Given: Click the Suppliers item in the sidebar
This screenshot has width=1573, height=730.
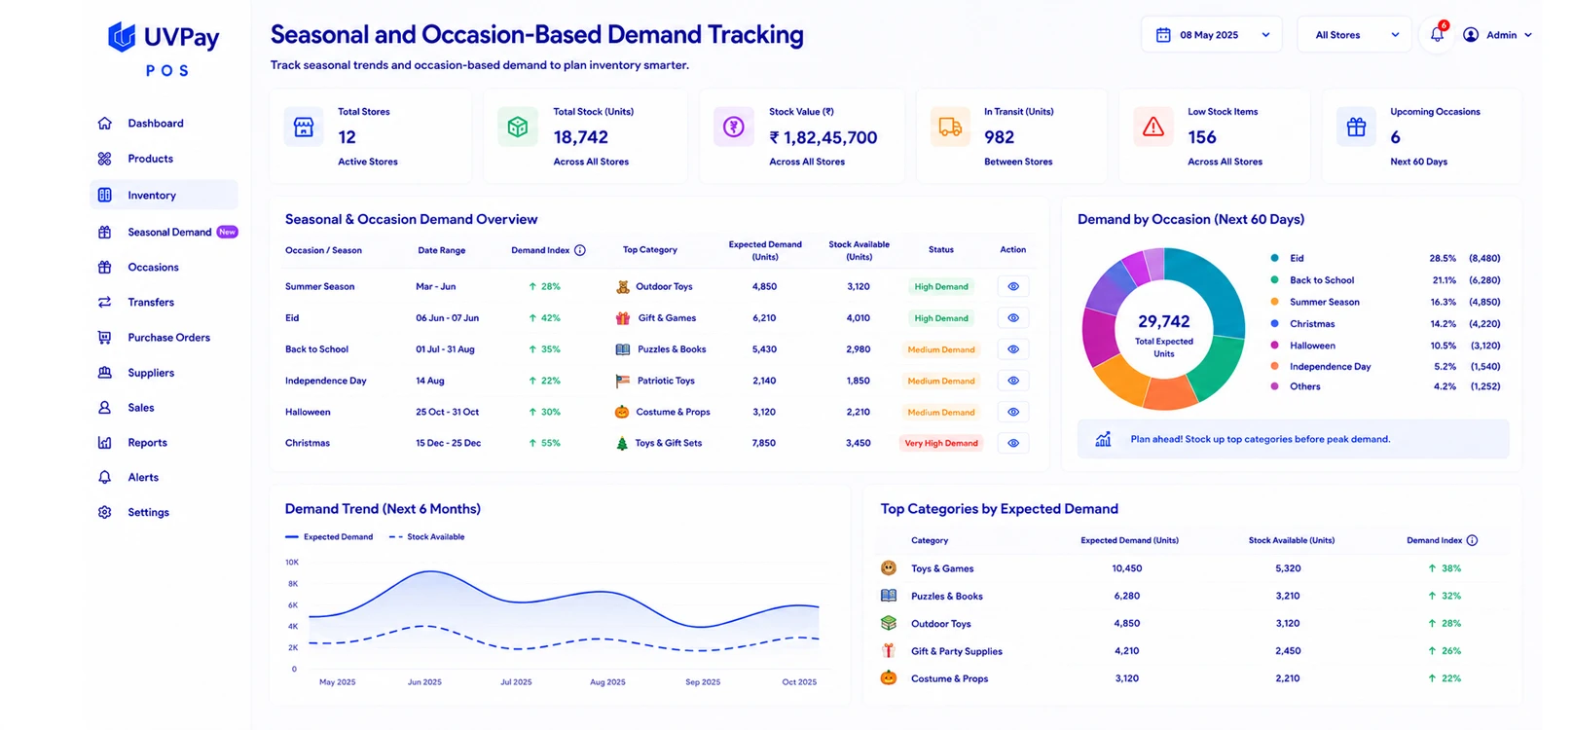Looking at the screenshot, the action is point(150,372).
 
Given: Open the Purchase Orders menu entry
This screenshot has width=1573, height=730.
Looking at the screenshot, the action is point(168,337).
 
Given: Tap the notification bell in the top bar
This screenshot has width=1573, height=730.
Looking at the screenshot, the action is point(1437,34).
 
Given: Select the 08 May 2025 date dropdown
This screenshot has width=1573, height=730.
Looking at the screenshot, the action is point(1211,34).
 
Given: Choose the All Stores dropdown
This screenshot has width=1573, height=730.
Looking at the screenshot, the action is point(1353,34).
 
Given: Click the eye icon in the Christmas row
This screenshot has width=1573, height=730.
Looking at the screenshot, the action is point(1012,443).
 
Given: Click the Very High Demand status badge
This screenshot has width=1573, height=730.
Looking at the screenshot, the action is point(941,443).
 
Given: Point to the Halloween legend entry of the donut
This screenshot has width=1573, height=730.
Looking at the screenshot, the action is point(1312,346).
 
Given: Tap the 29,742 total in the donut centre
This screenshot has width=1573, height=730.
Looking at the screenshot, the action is point(1163,321).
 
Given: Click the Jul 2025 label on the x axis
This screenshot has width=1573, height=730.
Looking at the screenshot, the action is point(516,681).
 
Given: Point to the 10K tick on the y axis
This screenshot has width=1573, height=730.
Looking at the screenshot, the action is point(292,563).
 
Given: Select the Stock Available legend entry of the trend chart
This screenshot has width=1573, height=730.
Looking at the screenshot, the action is point(426,537).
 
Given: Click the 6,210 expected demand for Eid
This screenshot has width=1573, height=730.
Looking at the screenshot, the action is point(764,318).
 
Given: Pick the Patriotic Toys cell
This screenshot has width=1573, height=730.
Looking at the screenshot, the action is point(666,381).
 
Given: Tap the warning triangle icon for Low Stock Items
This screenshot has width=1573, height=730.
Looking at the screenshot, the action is point(1153,128).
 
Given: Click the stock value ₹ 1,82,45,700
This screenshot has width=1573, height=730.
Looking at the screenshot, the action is point(823,137).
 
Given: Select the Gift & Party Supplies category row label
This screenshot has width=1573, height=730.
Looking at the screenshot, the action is point(957,651).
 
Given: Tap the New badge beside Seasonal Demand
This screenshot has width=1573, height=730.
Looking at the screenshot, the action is point(227,232).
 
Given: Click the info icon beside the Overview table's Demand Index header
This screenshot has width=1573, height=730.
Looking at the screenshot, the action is point(580,250).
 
